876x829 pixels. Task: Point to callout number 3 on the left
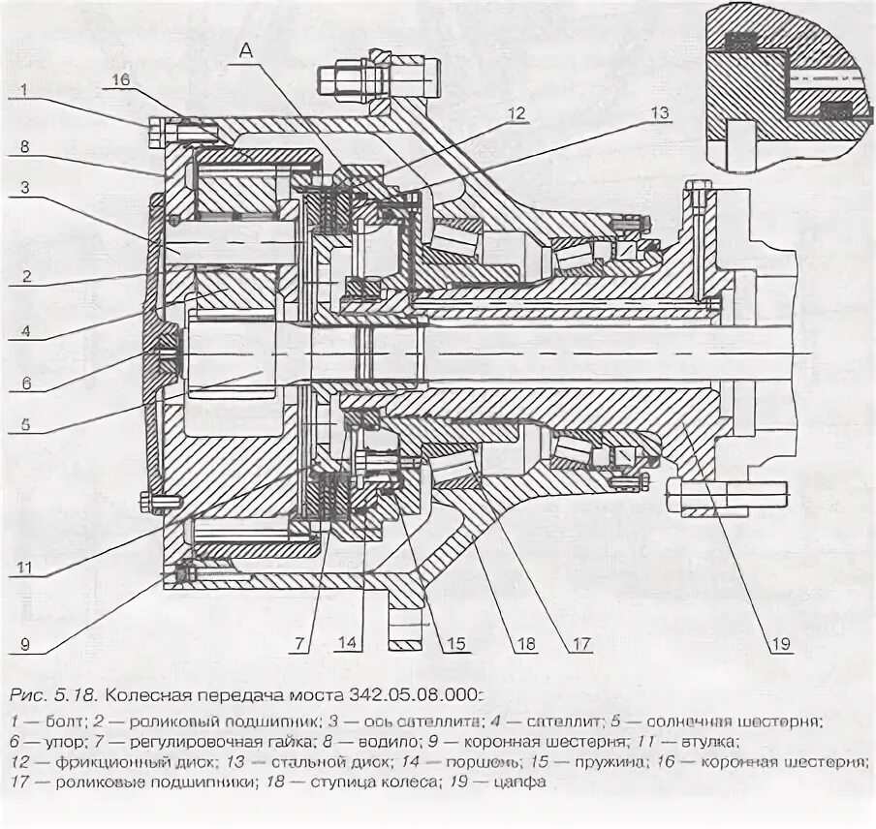25,188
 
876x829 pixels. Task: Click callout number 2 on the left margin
25,275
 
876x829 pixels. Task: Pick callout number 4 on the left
25,330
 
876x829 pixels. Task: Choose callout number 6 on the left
26,383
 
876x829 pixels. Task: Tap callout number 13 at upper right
658,113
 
